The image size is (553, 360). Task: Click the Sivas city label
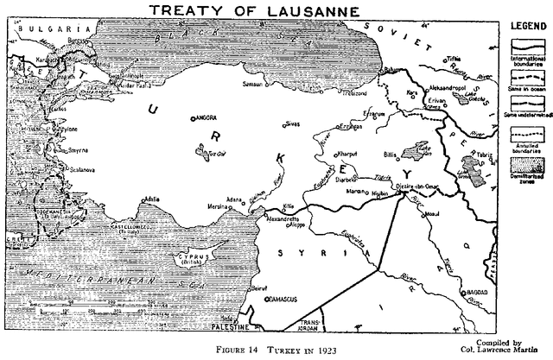pos(296,124)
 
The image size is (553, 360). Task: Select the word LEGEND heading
pos(525,28)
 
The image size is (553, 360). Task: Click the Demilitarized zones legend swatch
pos(524,161)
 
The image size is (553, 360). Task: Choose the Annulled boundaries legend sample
pos(524,134)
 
